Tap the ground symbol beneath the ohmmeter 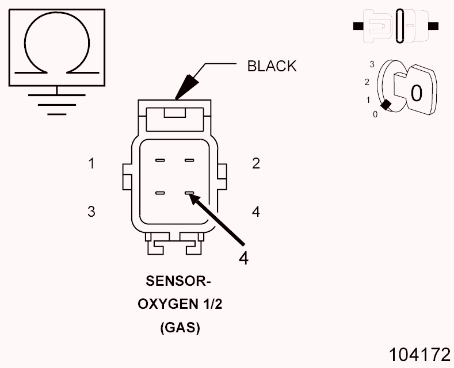coord(56,101)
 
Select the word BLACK coord(272,66)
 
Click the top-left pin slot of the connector coord(160,160)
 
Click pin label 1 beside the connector coord(91,163)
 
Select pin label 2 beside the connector coord(256,163)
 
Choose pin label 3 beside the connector coord(91,212)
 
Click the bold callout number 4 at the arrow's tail coord(243,258)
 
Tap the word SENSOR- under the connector coord(179,281)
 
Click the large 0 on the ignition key coord(416,92)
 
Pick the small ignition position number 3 coord(372,64)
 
